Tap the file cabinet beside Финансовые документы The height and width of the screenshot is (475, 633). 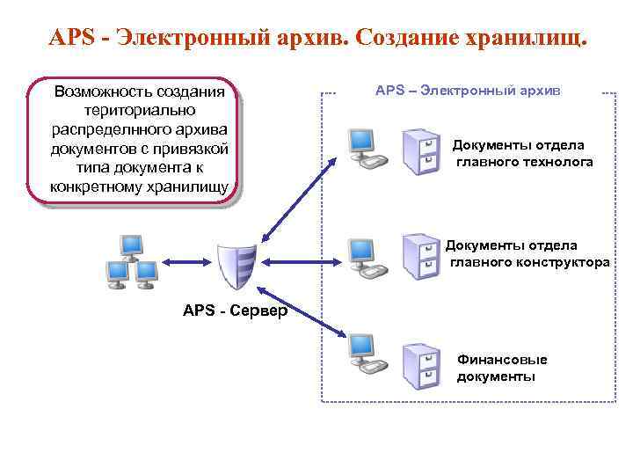click(x=419, y=364)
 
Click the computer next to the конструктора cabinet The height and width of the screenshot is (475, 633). click(x=362, y=256)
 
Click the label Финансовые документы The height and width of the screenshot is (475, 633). click(x=501, y=368)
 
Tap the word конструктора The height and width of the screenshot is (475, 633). click(x=564, y=262)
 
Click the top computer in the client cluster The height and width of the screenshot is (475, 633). click(x=131, y=247)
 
